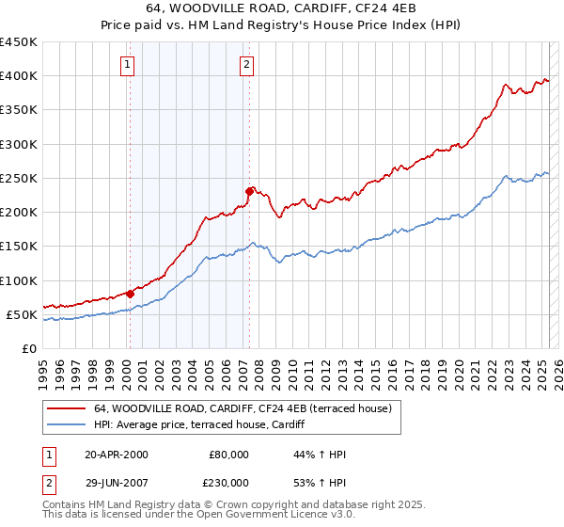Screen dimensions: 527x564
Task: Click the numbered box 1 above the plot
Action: click(127, 65)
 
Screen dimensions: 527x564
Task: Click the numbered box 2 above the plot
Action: click(246, 65)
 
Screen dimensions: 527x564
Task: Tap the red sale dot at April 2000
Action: click(130, 294)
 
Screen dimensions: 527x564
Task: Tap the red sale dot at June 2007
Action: click(249, 192)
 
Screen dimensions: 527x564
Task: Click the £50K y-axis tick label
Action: click(23, 314)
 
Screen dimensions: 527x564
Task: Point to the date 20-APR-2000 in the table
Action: click(116, 455)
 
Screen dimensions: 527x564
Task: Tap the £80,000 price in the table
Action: click(228, 455)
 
